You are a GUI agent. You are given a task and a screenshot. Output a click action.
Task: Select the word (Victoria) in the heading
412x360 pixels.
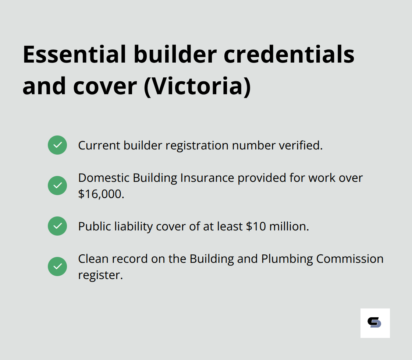[x=197, y=87]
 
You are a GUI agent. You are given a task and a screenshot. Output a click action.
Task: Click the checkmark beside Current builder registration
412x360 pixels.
[x=57, y=145]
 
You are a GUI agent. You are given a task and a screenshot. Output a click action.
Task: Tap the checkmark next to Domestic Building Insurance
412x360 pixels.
[x=57, y=186]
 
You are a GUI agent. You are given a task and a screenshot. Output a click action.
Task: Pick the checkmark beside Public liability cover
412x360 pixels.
[x=57, y=226]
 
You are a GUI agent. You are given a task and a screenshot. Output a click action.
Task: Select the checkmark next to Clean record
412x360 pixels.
[x=57, y=267]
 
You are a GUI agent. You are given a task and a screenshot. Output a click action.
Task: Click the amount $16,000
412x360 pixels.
[x=101, y=194]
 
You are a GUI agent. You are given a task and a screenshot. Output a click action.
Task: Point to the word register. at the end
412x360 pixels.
[x=100, y=275]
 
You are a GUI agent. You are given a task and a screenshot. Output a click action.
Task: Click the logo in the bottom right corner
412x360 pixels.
[x=375, y=323]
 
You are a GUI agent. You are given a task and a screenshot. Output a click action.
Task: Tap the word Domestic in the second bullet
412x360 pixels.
[x=104, y=178]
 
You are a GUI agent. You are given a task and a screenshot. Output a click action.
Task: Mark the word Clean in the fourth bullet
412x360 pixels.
[x=93, y=259]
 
